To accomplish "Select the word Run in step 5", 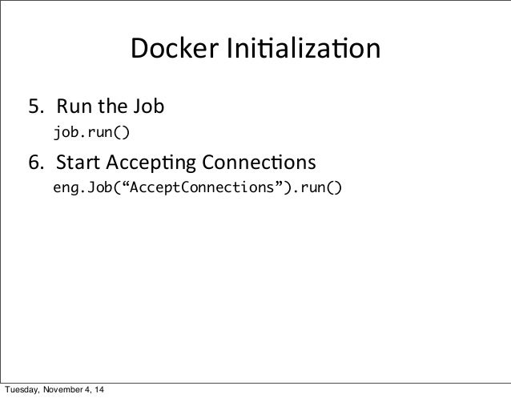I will coord(72,107).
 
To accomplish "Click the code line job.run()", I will coord(90,131).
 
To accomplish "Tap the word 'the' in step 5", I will coord(111,107).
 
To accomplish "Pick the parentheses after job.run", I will coord(119,131).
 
